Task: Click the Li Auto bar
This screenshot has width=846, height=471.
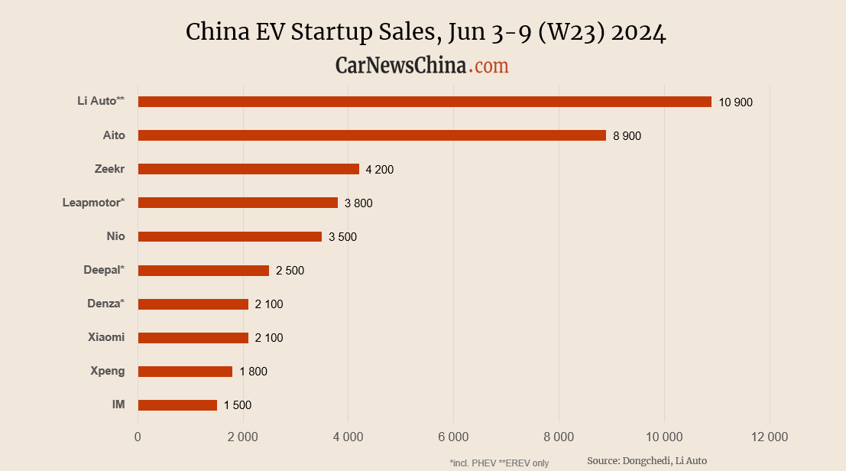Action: pos(424,102)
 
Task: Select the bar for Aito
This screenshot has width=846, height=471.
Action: pos(371,135)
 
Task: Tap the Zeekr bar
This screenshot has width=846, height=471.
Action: pos(248,169)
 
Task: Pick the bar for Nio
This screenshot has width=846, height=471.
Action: pos(229,236)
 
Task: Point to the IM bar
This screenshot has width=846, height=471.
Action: pos(177,405)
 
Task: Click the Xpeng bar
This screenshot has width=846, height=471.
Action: pos(185,372)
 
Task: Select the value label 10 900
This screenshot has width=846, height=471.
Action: pos(735,102)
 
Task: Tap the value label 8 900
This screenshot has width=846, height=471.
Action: pos(627,136)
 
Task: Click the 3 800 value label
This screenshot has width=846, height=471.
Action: pos(358,203)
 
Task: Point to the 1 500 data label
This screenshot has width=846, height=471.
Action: pos(237,405)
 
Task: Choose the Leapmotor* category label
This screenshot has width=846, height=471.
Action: pos(93,203)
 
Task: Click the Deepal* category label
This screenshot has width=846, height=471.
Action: pos(104,270)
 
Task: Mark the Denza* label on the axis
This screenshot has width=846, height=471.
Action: pos(105,304)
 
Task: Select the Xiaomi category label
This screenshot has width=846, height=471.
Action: pos(107,337)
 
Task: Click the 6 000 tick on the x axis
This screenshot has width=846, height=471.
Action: pos(453,437)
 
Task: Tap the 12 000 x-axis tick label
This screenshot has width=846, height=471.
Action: pos(769,437)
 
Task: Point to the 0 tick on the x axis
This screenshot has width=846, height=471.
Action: pos(138,437)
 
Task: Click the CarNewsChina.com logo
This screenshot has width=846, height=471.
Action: pos(422,66)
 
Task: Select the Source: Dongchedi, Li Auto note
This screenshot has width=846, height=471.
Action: pos(647,460)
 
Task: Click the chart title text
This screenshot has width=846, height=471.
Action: pos(426,33)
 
